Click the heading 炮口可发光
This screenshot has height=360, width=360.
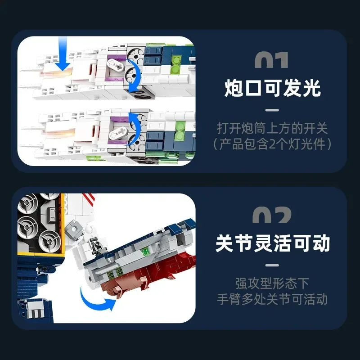[272, 88]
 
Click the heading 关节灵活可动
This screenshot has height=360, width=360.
[273, 243]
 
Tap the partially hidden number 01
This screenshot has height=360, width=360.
[271, 60]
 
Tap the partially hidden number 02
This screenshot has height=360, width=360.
[272, 215]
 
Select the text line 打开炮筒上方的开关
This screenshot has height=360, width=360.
[272, 128]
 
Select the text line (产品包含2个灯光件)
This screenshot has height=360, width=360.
[272, 144]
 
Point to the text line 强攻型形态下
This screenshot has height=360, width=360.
[272, 284]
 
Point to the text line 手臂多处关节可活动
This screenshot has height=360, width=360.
[272, 299]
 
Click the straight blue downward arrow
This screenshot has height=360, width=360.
[63, 54]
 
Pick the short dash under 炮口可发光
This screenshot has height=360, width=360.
[272, 110]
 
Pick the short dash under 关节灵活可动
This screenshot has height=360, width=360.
[272, 265]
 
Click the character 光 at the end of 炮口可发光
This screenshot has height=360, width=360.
[311, 88]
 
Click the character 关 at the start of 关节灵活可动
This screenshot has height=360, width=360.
[225, 243]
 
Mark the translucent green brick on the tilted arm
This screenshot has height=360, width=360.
[145, 252]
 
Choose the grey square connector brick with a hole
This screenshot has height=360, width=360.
[74, 229]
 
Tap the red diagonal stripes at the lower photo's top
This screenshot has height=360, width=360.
[89, 197]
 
